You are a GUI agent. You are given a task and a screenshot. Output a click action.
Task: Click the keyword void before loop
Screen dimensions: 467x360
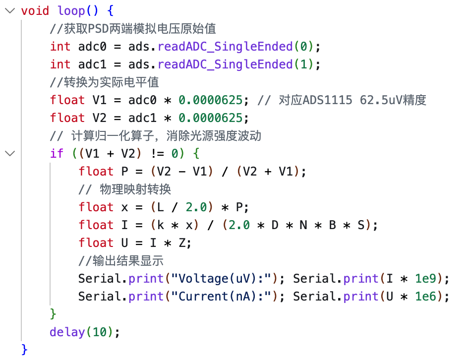35,11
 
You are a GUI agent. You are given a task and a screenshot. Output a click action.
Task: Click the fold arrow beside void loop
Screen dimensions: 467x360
10,11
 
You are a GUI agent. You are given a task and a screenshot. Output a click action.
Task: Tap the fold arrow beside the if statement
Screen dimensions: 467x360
10,154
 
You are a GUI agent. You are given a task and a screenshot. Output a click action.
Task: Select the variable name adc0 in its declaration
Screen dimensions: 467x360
92,47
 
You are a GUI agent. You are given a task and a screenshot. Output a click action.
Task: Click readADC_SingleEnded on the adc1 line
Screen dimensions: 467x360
225,64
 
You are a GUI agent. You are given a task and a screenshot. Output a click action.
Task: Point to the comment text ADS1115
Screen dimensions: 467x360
327,100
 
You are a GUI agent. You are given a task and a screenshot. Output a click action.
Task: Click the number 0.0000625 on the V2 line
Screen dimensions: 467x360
211,118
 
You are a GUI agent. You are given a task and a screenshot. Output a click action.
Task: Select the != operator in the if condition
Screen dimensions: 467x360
157,154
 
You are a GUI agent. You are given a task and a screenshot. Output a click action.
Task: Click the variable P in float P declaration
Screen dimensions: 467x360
125,172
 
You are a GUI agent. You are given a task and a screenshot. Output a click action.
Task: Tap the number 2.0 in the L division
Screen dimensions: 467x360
196,207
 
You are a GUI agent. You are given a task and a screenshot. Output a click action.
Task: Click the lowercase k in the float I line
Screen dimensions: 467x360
161,225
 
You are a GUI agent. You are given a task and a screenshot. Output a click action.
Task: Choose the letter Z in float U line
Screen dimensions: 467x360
182,243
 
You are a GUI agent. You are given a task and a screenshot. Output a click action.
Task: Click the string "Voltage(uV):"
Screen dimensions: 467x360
222,279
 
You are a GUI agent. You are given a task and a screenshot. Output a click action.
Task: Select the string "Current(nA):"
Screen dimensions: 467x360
222,297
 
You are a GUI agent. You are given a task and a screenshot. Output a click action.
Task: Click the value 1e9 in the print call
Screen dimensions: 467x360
425,279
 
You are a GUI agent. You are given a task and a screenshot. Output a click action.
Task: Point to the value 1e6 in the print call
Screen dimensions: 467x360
425,297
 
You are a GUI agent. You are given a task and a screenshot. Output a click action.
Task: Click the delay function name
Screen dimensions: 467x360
67,332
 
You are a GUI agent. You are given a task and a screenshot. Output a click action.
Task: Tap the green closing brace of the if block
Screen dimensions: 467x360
53,314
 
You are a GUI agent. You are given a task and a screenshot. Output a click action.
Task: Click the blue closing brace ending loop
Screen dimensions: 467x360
24,350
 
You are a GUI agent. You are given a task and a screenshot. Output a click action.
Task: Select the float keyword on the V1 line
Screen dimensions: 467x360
67,100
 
